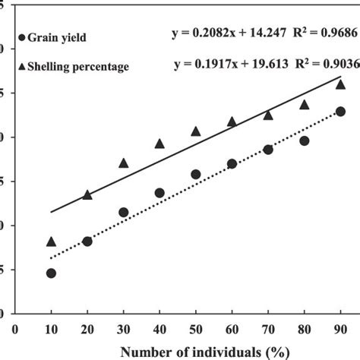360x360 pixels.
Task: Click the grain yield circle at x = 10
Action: pyautogui.click(x=51, y=273)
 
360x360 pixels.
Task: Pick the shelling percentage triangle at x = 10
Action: pyautogui.click(x=51, y=241)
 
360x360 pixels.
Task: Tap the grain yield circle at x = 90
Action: pyautogui.click(x=340, y=111)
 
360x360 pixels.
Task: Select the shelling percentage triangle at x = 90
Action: pyautogui.click(x=340, y=84)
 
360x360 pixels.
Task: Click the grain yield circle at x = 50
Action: pyautogui.click(x=195, y=174)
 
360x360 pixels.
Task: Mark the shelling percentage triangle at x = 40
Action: pyautogui.click(x=159, y=144)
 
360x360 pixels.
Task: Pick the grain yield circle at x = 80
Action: pyautogui.click(x=304, y=141)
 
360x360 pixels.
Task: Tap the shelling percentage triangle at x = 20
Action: pyautogui.click(x=87, y=195)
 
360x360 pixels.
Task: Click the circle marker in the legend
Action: pyautogui.click(x=22, y=36)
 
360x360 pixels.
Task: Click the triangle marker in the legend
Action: pyautogui.click(x=22, y=66)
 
